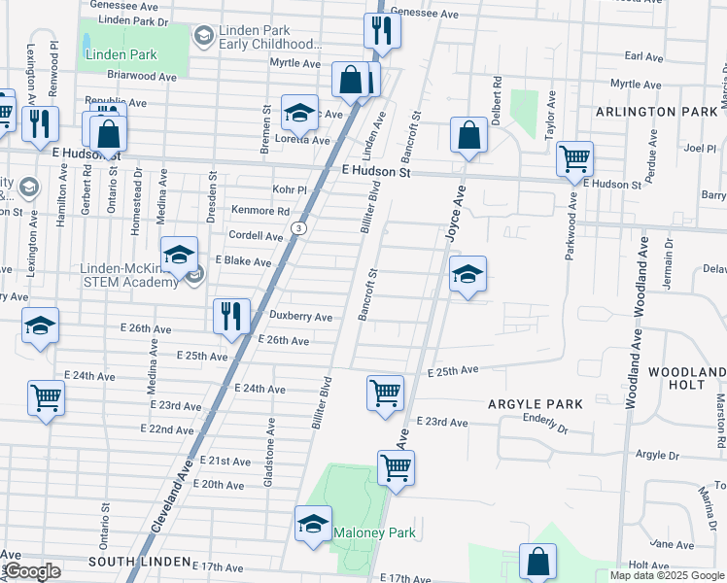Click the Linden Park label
(120, 54)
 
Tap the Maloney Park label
(374, 532)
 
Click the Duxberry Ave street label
(300, 317)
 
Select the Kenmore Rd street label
(260, 211)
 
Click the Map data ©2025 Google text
(666, 575)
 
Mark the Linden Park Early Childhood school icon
(203, 37)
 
